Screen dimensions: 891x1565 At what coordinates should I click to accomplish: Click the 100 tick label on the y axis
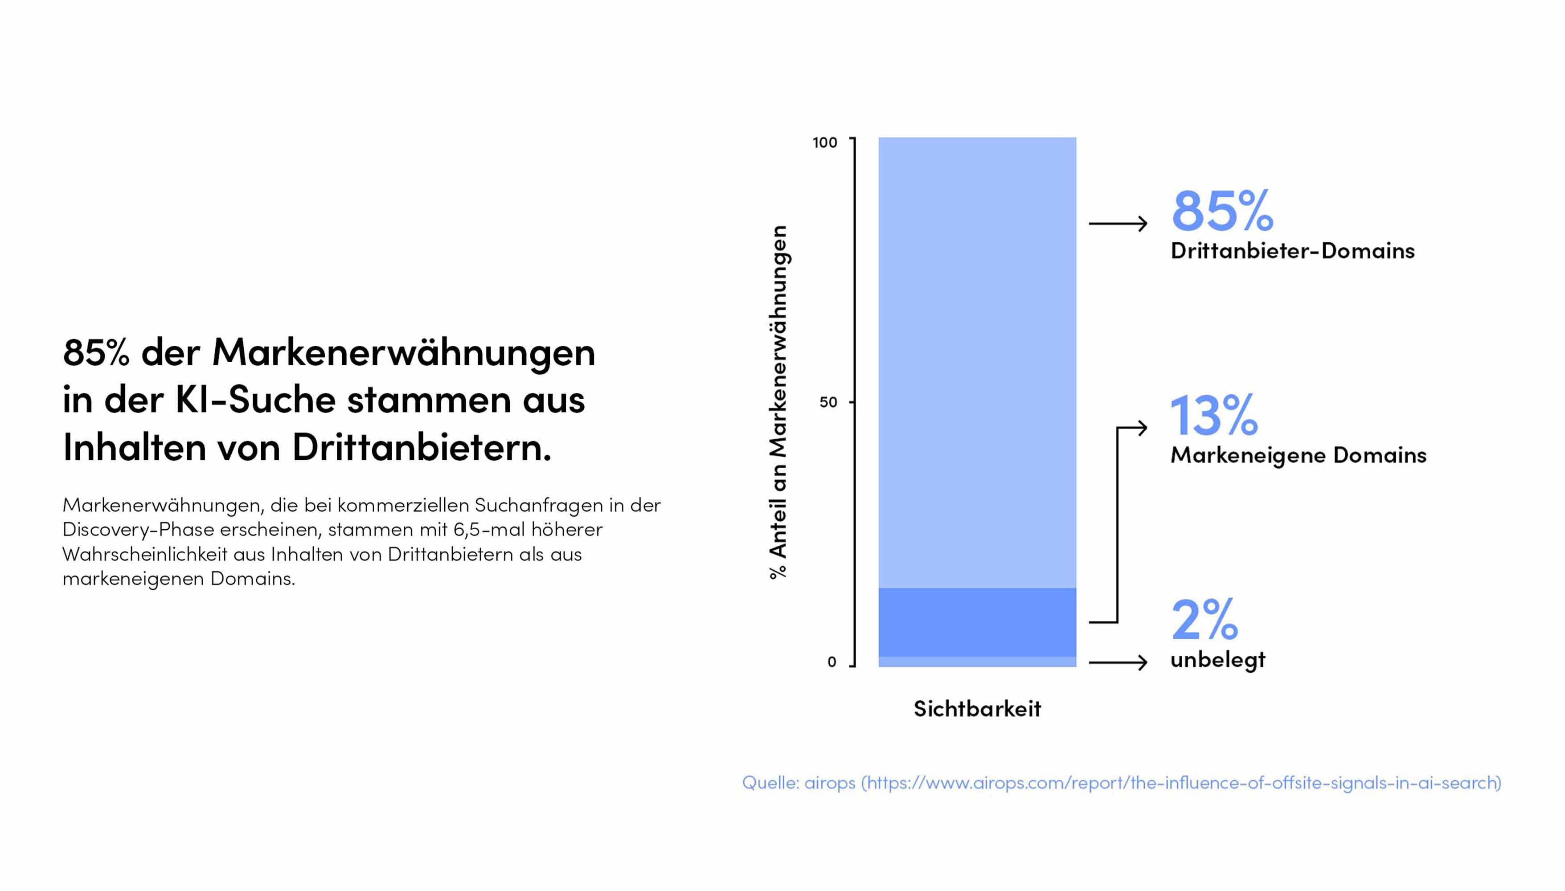[824, 143]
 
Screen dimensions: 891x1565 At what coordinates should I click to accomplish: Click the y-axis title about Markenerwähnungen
[778, 401]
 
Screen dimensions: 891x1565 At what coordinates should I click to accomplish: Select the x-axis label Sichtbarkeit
[977, 709]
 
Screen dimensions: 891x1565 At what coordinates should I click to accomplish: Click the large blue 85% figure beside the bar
[1221, 211]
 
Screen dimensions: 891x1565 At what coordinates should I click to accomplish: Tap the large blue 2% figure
[1204, 619]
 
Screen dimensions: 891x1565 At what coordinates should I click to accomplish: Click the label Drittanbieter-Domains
[1292, 251]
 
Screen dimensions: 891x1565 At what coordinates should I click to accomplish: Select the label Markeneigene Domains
[1298, 455]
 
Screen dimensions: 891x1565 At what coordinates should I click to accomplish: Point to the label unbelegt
[1217, 660]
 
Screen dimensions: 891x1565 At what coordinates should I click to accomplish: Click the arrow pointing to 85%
[1118, 224]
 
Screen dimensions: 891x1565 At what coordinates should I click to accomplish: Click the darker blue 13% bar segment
[977, 622]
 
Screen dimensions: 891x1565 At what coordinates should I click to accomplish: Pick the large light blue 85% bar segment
[977, 361]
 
